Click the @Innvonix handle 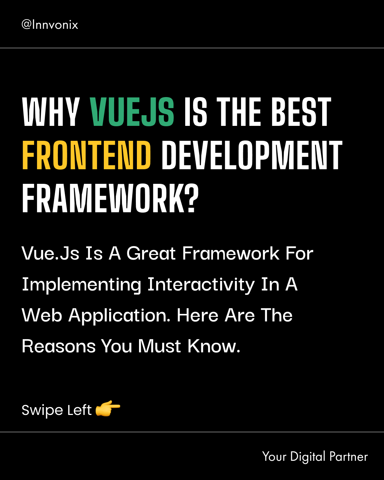point(50,25)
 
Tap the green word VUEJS point(132,112)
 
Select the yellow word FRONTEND point(86,155)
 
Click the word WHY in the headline point(51,112)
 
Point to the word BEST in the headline point(301,112)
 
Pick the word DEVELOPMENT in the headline point(252,155)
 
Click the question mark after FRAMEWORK point(191,198)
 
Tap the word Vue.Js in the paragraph point(50,254)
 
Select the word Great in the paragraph point(151,254)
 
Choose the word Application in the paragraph point(119,316)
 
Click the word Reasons point(59,346)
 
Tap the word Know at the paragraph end point(214,346)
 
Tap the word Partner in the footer point(348,457)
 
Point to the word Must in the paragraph point(159,346)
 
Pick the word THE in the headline point(239,112)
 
